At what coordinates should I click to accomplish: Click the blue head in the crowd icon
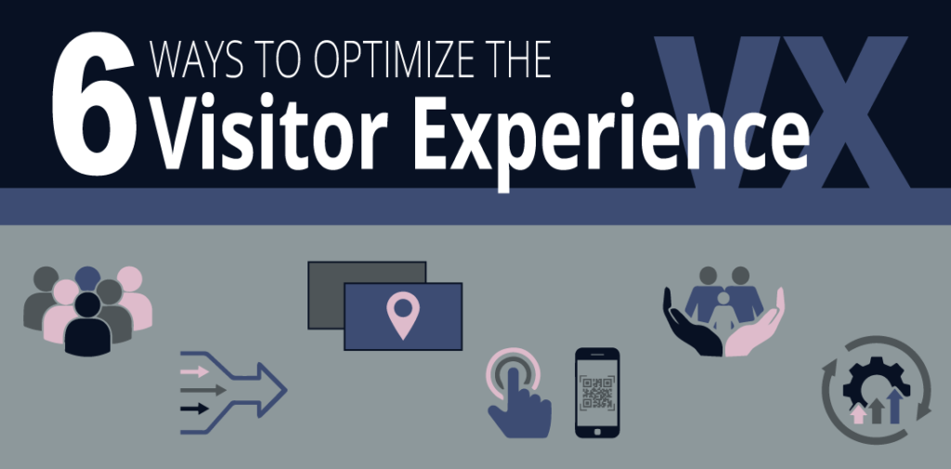coord(88,277)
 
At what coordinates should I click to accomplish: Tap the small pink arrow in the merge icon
coord(196,371)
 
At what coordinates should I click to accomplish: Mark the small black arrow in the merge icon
coord(196,408)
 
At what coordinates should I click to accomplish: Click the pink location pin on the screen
coord(402,314)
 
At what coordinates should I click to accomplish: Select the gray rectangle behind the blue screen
coord(334,279)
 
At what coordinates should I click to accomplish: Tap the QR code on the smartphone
coord(597,394)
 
